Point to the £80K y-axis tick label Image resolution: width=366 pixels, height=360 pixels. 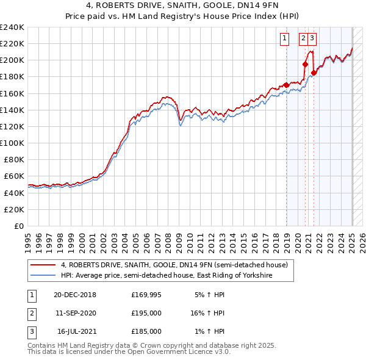click(13, 159)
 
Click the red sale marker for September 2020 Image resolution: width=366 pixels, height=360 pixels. click(306, 64)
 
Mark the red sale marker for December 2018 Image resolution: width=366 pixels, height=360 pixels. click(287, 85)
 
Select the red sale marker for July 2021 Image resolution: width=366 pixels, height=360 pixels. click(314, 73)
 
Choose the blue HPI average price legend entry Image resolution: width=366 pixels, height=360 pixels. click(165, 276)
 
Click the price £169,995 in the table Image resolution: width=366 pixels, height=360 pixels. click(146, 295)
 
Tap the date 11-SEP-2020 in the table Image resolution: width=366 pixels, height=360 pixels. click(75, 313)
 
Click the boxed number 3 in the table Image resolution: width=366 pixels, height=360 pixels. click(31, 331)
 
